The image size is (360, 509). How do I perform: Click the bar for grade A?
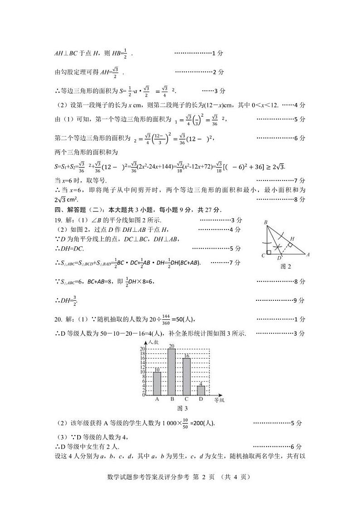(x=157, y=383)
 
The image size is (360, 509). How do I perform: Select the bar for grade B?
(x=171, y=372)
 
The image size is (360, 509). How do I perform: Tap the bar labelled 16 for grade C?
(x=186, y=377)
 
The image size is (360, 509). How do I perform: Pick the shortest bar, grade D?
(x=201, y=390)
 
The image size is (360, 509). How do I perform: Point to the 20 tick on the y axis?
(x=142, y=349)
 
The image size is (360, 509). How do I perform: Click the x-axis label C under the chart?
(x=186, y=400)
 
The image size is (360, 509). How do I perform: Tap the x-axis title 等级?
(x=219, y=401)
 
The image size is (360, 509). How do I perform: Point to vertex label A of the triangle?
(x=308, y=254)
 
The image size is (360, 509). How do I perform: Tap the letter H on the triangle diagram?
(x=292, y=238)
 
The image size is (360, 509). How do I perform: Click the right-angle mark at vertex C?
(x=269, y=252)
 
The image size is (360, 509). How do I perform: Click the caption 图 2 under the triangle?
(x=286, y=266)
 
